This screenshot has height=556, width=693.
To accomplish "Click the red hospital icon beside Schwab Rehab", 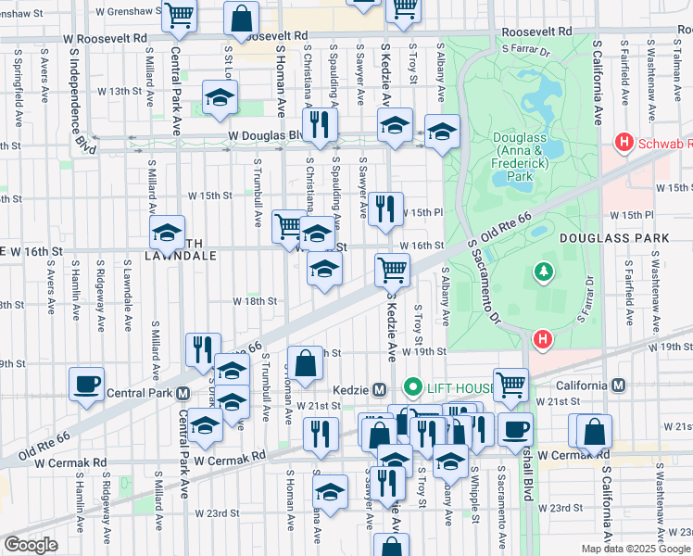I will (624, 143).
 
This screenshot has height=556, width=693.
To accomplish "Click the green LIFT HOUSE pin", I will (412, 386).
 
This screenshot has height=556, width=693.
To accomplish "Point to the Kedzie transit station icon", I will (378, 387).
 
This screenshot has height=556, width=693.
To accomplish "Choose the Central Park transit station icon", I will (183, 392).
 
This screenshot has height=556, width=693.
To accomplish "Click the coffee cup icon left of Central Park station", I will (86, 384).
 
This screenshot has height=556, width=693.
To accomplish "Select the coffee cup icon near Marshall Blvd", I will (515, 429).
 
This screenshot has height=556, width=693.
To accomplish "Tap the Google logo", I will (30, 545).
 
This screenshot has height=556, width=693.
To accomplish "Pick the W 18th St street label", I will (255, 301).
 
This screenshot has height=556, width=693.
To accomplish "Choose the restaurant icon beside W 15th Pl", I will (385, 209).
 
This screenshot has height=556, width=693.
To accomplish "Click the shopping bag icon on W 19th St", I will (305, 363).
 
